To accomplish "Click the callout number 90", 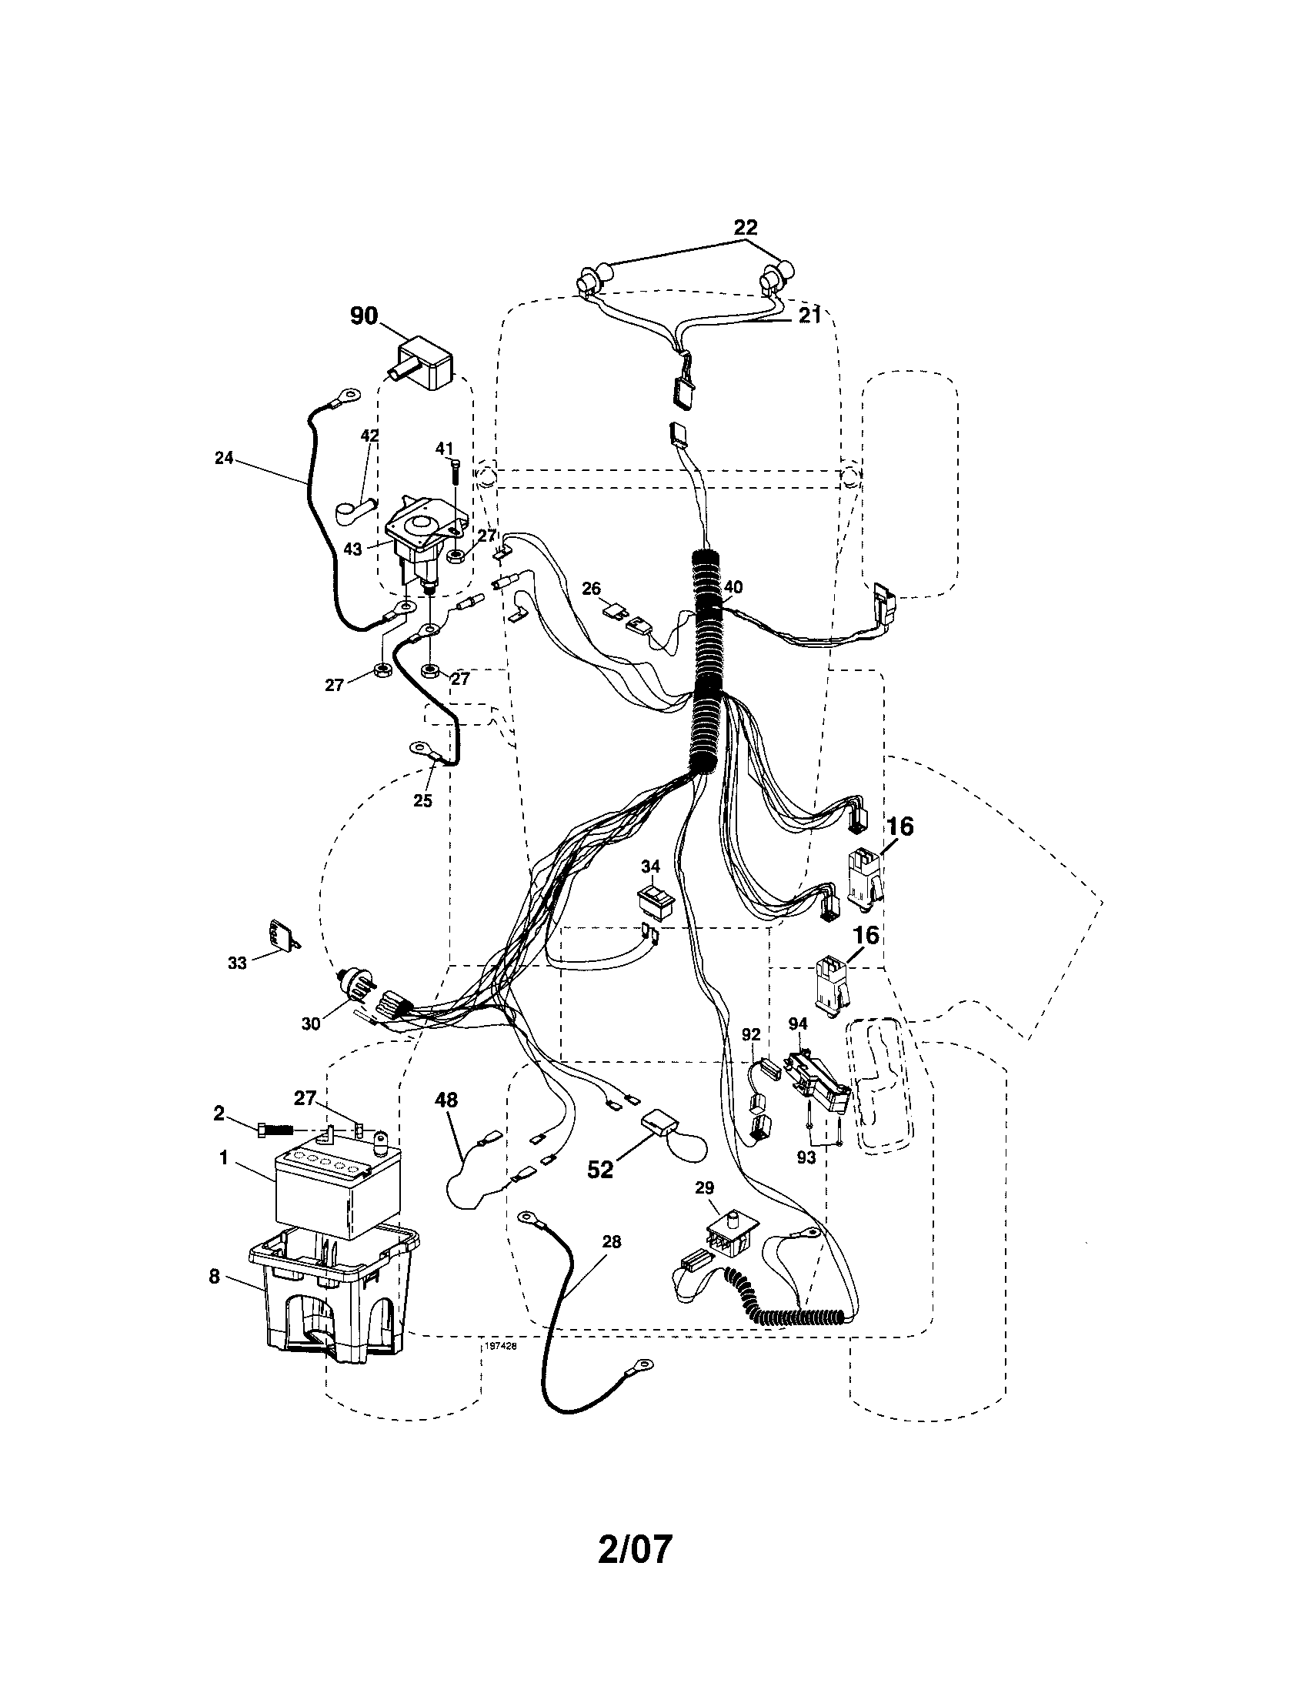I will [x=363, y=316].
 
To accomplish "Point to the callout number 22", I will [x=746, y=227].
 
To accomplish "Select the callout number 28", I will [x=612, y=1242].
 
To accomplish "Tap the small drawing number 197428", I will [x=500, y=1347].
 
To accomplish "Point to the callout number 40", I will [x=733, y=587].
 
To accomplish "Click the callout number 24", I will [x=224, y=458].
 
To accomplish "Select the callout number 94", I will [x=798, y=1024].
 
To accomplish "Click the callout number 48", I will [x=446, y=1099].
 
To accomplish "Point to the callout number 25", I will [x=422, y=801].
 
